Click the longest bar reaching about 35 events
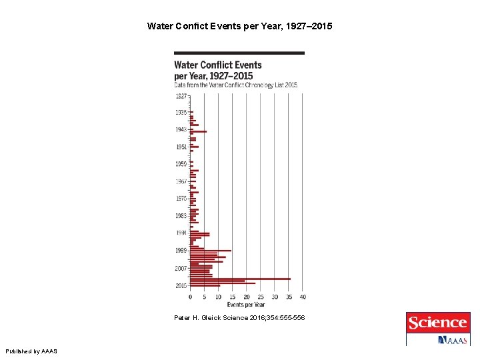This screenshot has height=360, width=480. tap(240, 279)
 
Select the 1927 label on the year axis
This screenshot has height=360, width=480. tap(181, 95)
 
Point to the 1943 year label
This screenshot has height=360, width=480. tap(181, 129)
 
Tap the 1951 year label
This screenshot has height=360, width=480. tap(181, 147)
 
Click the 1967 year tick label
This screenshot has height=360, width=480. tap(181, 181)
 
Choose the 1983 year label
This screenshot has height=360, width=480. tap(181, 216)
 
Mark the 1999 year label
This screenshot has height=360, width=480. tap(181, 251)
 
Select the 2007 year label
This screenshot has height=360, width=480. tap(181, 268)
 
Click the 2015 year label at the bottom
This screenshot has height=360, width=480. tap(181, 285)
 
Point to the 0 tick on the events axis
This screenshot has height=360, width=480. tap(190, 297)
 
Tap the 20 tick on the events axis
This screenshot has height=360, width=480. tap(247, 297)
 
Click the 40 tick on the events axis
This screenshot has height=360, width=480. tap(303, 297)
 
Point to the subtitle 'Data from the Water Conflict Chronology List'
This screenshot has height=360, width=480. tap(235, 85)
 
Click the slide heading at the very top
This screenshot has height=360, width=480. tap(239, 27)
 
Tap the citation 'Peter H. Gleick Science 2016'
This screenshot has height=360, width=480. tap(239, 318)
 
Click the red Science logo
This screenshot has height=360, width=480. tap(437, 323)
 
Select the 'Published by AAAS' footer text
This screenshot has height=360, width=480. tap(31, 351)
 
